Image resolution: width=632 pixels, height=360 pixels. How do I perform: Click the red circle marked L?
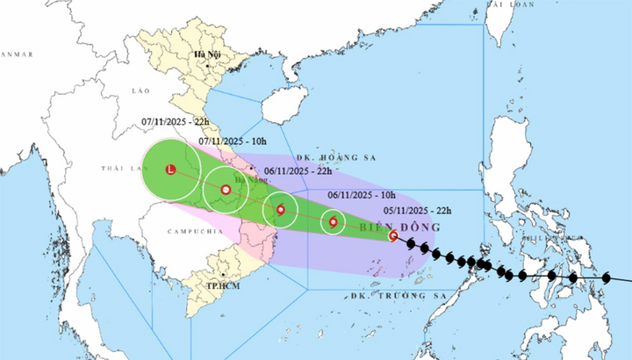point(171,169)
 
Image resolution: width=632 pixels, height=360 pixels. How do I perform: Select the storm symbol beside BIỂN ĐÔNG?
point(393,235)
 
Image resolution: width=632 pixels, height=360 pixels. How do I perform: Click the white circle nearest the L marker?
point(226,190)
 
